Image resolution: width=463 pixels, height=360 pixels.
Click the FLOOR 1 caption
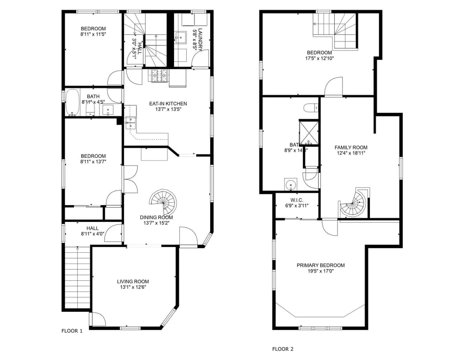click(x=72, y=331)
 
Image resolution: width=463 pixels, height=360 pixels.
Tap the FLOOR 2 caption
click(x=283, y=349)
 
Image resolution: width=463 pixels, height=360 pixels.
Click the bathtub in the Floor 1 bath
click(x=73, y=103)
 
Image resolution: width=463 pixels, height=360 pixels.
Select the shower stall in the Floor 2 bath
click(x=309, y=132)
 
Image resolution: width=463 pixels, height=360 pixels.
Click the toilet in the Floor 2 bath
click(x=309, y=107)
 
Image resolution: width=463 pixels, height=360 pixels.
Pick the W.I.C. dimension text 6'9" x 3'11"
click(x=297, y=206)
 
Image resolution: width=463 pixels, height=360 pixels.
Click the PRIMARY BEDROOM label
click(x=320, y=265)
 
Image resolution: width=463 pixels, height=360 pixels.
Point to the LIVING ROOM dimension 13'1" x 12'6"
click(x=133, y=288)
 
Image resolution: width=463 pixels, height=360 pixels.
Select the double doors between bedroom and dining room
click(x=129, y=179)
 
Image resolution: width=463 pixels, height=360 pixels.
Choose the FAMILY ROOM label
click(x=351, y=148)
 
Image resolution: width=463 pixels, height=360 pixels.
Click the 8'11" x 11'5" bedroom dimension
click(x=94, y=34)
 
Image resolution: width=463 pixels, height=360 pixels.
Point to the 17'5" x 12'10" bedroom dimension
click(x=319, y=58)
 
